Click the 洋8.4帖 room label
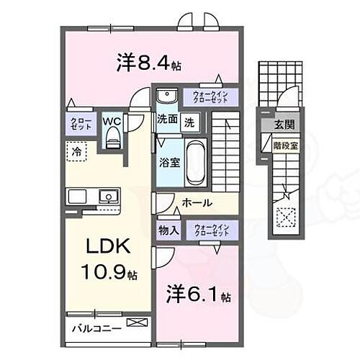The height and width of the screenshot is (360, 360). coord(147,63)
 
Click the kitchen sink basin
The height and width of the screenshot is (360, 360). coord(108,195)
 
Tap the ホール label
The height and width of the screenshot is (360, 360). coord(196,204)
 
